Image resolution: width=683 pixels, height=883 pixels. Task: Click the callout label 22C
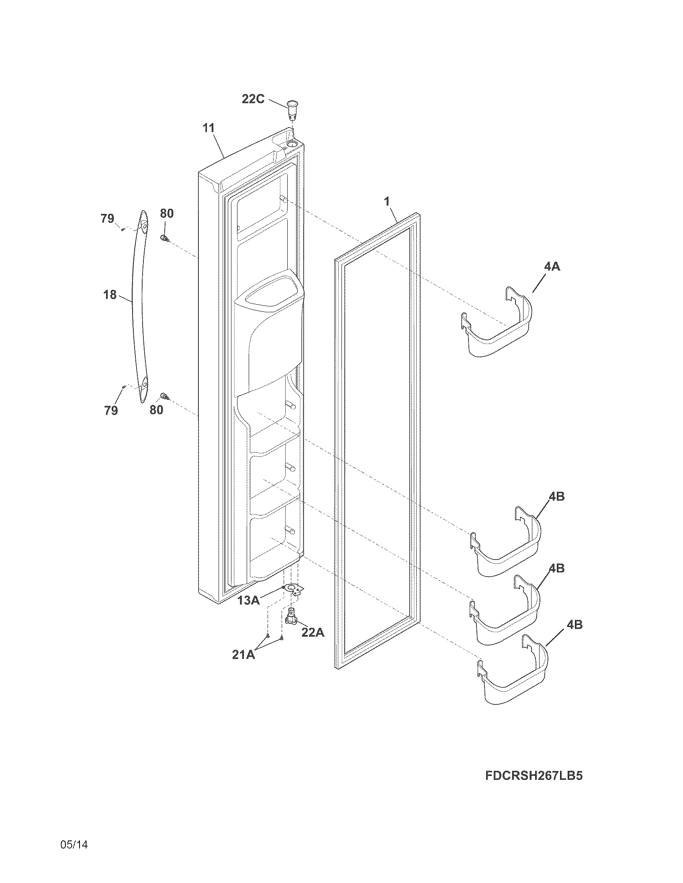[253, 99]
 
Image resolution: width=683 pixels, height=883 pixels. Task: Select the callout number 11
[209, 128]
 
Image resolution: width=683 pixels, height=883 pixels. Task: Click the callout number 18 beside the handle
[110, 295]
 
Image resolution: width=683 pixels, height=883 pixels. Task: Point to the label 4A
[552, 267]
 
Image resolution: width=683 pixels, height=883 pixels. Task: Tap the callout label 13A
[248, 600]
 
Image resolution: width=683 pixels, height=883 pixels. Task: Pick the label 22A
[313, 632]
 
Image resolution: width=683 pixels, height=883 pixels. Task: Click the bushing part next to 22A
[291, 617]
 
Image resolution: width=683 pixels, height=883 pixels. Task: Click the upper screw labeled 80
[164, 238]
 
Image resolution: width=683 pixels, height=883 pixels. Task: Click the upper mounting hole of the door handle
[143, 227]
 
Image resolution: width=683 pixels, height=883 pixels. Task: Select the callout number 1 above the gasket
[387, 201]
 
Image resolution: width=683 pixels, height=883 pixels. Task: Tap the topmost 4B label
[557, 496]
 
